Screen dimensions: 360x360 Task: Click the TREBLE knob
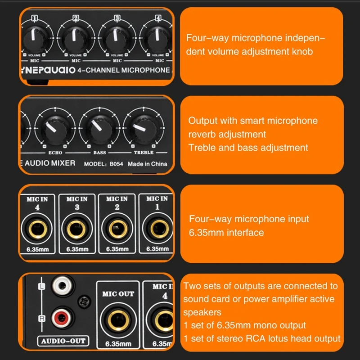click(x=144, y=129)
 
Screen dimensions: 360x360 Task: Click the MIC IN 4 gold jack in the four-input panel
click(x=37, y=229)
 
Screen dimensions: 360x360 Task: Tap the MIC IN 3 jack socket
click(x=76, y=229)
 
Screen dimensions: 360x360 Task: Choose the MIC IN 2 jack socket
click(x=118, y=229)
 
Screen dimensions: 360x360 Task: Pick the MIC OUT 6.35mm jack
click(x=118, y=320)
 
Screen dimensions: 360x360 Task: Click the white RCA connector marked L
click(x=62, y=285)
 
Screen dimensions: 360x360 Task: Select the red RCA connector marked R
click(x=62, y=318)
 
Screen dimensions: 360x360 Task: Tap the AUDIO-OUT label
click(x=63, y=341)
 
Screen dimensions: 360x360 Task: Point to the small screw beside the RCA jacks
click(x=84, y=302)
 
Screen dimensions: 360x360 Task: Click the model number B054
click(x=116, y=164)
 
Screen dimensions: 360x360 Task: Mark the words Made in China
click(x=148, y=164)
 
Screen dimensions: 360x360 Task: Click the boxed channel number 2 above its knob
click(x=76, y=18)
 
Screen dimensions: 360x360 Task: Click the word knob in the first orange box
click(x=302, y=51)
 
